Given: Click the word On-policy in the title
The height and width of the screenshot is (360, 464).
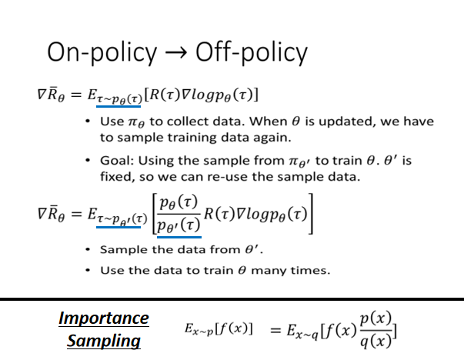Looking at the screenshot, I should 99,52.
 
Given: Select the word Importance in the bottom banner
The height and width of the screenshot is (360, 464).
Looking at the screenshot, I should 104,318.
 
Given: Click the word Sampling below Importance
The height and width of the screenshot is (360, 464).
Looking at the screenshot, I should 104,340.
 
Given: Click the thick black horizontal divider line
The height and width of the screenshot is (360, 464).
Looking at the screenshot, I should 232,298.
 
